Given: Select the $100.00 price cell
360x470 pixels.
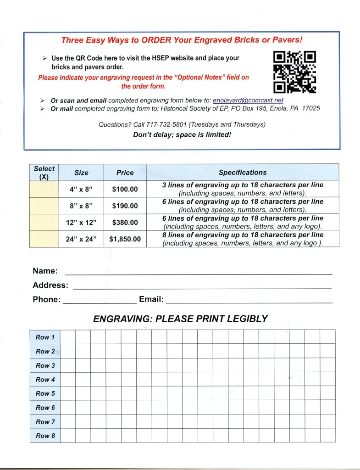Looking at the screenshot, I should (125, 189).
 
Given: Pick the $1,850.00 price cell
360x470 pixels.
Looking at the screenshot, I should (125, 239).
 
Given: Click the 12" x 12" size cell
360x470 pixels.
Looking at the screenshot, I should (81, 223).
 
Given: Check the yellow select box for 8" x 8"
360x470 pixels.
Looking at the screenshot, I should (44, 206).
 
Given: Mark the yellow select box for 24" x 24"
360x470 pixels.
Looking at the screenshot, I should (44, 239).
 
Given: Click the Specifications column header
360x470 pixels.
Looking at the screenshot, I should (242, 173).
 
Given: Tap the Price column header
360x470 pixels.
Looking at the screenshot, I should (125, 173).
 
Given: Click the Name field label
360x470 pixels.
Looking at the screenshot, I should (45, 271).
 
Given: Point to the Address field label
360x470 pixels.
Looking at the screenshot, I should (50, 285).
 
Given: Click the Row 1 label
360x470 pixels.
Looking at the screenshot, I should (45, 337).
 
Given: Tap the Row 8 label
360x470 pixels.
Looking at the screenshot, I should (45, 436).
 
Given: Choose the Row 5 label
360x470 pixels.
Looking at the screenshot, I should (45, 393).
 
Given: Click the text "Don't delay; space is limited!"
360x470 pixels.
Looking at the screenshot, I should (182, 135).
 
